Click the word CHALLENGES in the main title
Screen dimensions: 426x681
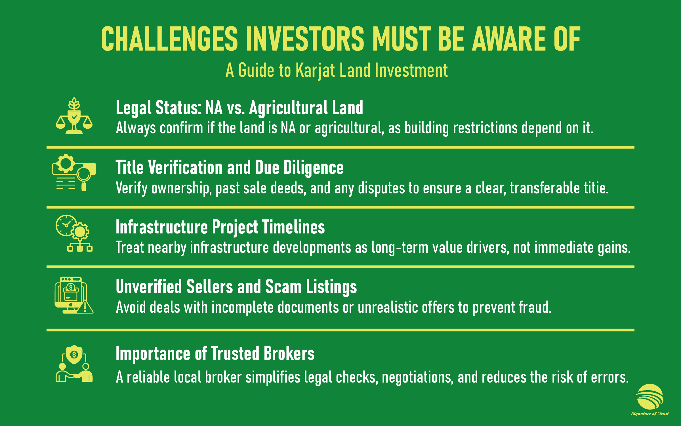(x=169, y=39)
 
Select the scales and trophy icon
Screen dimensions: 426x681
(x=74, y=116)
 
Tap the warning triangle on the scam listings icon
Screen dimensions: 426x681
(x=85, y=307)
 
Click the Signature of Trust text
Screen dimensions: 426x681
(x=650, y=414)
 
